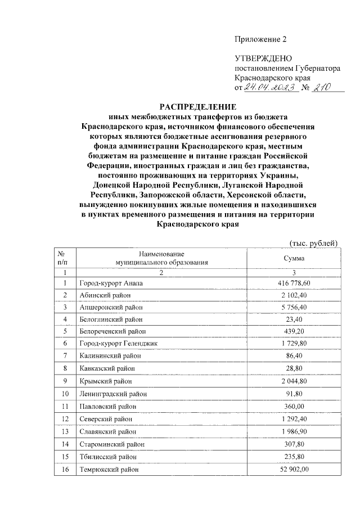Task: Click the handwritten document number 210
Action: click(x=322, y=87)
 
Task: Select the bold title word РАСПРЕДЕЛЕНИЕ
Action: click(x=200, y=107)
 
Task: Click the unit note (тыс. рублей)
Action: click(x=313, y=243)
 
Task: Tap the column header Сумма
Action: click(x=294, y=258)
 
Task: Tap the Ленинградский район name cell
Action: click(x=112, y=394)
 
